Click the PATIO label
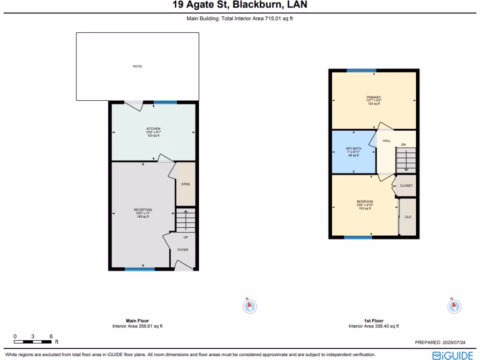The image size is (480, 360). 137,67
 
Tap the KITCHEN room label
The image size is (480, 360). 153,129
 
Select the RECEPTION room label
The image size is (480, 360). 142,210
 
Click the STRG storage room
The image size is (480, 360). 186,184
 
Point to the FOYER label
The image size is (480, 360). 183,250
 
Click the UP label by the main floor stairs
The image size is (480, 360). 186,237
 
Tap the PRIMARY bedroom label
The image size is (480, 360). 374,97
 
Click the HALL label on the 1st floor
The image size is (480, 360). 387,141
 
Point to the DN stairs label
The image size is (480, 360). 403,145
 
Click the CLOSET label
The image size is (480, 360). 406,186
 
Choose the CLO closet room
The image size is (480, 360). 408,217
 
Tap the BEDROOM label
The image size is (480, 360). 365,202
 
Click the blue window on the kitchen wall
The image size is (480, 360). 165,102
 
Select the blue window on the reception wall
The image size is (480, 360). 140,269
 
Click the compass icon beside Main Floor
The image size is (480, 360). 250,307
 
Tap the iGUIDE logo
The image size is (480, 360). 452,355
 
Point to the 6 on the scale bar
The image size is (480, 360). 51,337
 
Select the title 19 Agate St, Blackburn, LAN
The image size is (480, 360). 240,5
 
